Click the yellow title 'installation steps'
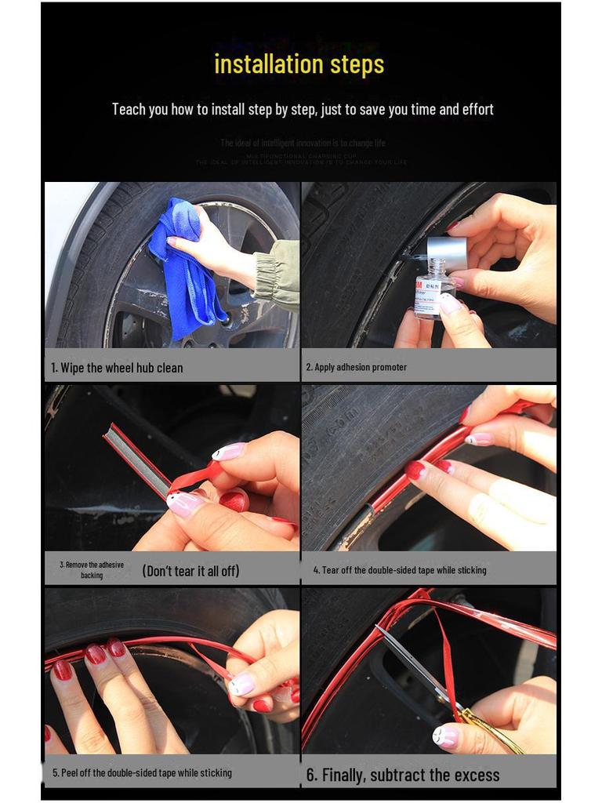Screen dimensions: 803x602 (299, 64)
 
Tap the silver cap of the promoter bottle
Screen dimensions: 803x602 (447, 253)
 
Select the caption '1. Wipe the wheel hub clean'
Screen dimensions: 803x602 (117, 368)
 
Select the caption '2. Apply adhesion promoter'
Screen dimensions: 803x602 (357, 367)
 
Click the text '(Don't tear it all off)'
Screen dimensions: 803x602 (190, 571)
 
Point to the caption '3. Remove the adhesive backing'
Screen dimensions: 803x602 (92, 569)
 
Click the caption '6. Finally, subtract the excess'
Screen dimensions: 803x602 (403, 775)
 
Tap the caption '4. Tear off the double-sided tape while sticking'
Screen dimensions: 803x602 (400, 570)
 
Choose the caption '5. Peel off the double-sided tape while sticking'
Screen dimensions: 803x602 (142, 772)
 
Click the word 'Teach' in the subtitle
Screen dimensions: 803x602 (129, 109)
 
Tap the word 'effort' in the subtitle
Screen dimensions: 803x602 (475, 109)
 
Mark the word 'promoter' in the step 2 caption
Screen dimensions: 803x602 (390, 367)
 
